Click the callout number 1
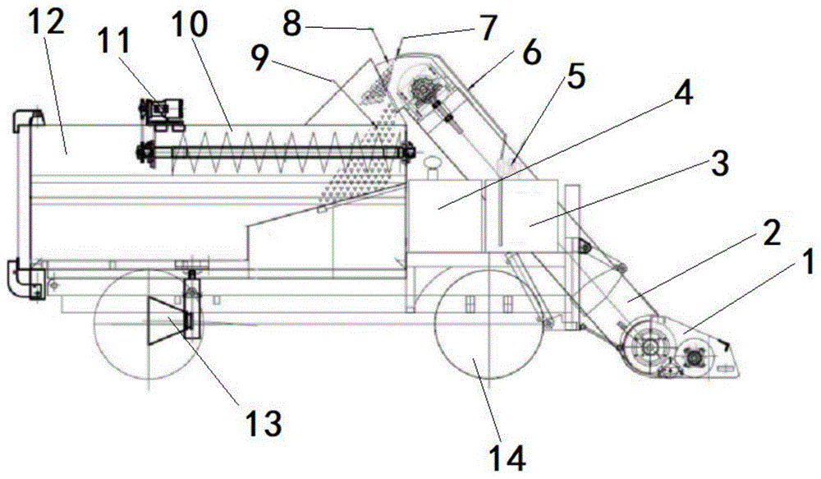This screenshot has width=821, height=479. [x=805, y=264]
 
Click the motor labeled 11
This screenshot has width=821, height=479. [x=163, y=112]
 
